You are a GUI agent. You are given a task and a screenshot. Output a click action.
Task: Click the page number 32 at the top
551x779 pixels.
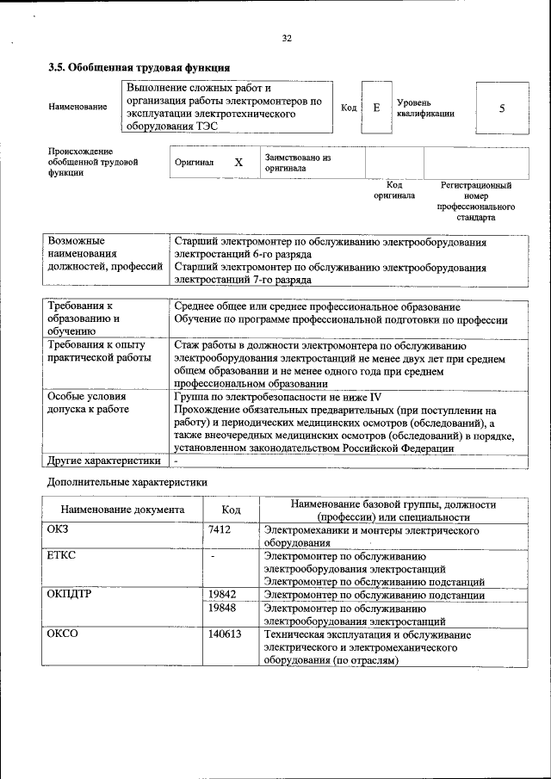[x=288, y=38]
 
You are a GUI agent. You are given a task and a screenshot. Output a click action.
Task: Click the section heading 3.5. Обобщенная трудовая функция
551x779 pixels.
[x=139, y=67]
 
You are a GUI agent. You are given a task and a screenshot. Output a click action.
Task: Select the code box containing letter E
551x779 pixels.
[x=376, y=108]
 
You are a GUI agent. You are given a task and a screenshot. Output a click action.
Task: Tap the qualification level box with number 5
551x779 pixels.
[x=501, y=108]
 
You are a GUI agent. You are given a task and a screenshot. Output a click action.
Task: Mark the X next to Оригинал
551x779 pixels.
[x=238, y=163]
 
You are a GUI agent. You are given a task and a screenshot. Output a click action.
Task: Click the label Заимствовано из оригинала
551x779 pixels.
[x=298, y=163]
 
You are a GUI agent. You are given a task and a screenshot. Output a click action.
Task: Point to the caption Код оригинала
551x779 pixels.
[x=393, y=190]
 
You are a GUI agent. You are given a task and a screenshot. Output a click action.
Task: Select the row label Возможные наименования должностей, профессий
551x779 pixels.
[x=104, y=256]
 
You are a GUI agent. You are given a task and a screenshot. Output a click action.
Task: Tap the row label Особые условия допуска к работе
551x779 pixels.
[x=89, y=403]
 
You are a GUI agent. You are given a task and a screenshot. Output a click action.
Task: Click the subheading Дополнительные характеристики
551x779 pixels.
[x=127, y=484]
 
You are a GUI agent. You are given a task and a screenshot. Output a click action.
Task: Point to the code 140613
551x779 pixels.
[x=225, y=634]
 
